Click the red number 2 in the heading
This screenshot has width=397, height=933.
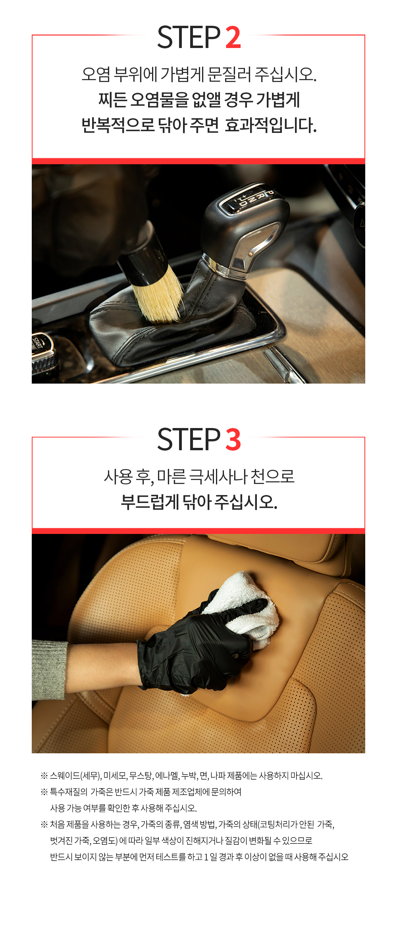tap(233, 37)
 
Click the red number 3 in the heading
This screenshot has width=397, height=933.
tap(233, 439)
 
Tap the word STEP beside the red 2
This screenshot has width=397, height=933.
tap(189, 37)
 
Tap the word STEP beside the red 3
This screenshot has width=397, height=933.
tap(189, 439)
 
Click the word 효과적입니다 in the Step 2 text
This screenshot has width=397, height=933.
tap(271, 125)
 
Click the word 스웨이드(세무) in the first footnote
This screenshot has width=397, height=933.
tap(75, 776)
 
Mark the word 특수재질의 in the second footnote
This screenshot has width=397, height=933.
tap(69, 792)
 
